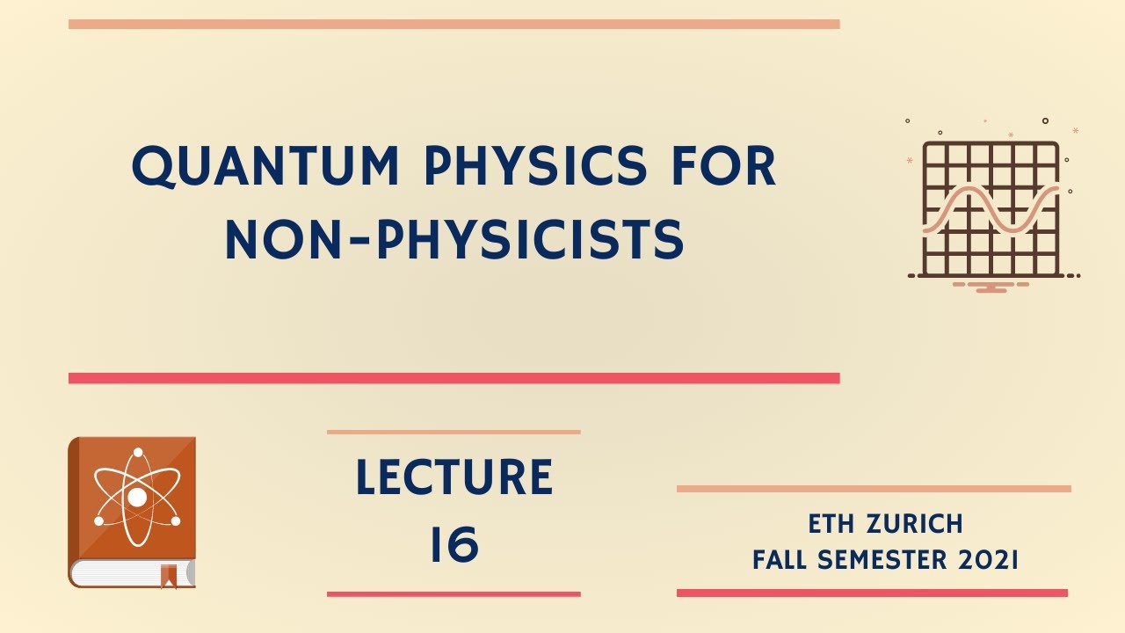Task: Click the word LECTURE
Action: pyautogui.click(x=454, y=477)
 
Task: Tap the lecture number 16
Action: pyautogui.click(x=454, y=545)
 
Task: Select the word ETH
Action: pyautogui.click(x=832, y=525)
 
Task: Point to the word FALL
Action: pyautogui.click(x=786, y=560)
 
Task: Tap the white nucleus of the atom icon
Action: pyautogui.click(x=137, y=498)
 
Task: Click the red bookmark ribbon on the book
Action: pyautogui.click(x=168, y=576)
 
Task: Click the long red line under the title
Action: pyautogui.click(x=454, y=378)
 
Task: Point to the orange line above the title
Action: pyautogui.click(x=454, y=25)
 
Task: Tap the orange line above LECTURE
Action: pyautogui.click(x=454, y=432)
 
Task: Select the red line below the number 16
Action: pyautogui.click(x=454, y=594)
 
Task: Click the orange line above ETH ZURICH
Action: pyautogui.click(x=874, y=488)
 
